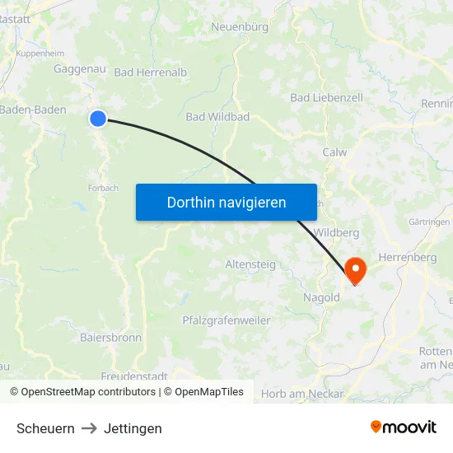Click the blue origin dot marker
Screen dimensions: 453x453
[x=98, y=119]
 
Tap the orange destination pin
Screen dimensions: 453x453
[x=356, y=269]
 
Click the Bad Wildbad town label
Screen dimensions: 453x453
[x=217, y=117]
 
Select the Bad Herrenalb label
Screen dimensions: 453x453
[x=151, y=72]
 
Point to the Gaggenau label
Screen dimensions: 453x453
[x=79, y=69]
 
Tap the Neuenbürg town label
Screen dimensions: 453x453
[x=240, y=27]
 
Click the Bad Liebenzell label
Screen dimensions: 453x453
[x=326, y=97]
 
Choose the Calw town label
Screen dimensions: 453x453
[x=334, y=152]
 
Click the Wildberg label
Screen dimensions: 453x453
[x=337, y=233]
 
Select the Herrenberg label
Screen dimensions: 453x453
[x=406, y=258]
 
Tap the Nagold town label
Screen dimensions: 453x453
[x=321, y=297]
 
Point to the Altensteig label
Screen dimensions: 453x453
[x=250, y=264]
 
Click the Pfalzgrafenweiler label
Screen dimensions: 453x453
[x=226, y=320]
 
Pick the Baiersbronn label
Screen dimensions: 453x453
[x=110, y=338]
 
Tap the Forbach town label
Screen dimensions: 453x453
[x=103, y=188]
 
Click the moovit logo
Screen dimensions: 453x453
[x=403, y=427]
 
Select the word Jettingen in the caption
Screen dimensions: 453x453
[x=133, y=428]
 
